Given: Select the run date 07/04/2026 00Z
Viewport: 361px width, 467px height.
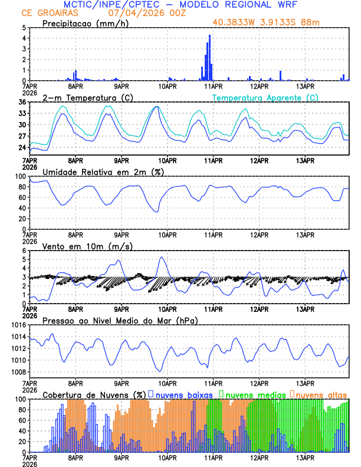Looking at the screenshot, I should tap(146, 13).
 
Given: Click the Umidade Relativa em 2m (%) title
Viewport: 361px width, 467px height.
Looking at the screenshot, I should tap(103, 172).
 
